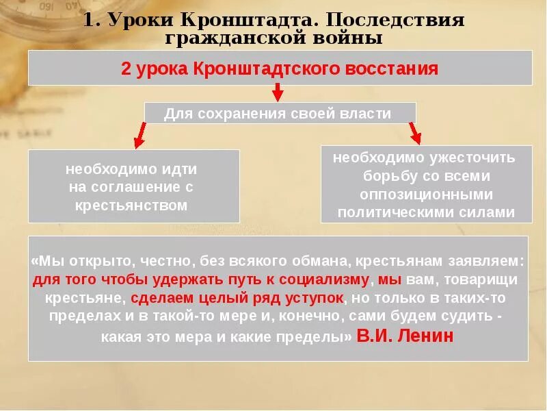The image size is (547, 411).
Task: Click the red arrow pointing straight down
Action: pos(278,92)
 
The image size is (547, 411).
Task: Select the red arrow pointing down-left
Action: pos(139,135)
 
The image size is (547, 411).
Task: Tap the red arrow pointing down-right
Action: pos(414,132)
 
